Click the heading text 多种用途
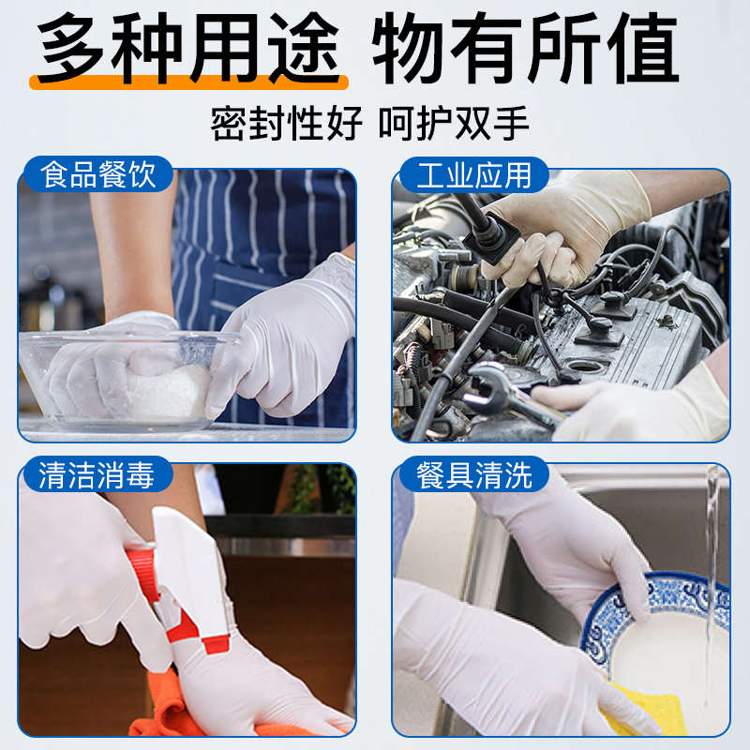(187, 47)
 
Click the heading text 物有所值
(525, 47)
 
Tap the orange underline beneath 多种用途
(187, 83)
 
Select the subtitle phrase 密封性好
(285, 123)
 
